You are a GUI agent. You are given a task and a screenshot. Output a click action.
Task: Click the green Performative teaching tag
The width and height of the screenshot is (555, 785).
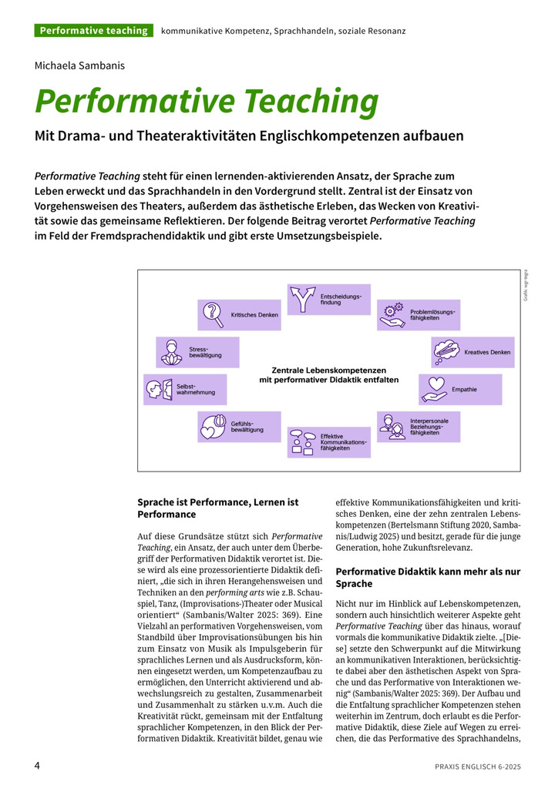(x=93, y=31)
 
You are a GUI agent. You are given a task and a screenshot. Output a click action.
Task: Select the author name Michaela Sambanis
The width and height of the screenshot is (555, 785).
(x=79, y=65)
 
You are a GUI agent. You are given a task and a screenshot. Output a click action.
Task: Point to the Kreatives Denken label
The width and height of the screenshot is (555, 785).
(x=487, y=352)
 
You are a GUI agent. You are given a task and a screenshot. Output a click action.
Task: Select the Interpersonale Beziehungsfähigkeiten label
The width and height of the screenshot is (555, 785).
(x=429, y=427)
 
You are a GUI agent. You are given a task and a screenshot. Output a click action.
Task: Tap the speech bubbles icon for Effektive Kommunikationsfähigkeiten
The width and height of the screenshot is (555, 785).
(x=302, y=442)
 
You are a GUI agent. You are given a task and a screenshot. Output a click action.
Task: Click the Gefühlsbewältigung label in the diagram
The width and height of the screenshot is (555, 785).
(x=247, y=426)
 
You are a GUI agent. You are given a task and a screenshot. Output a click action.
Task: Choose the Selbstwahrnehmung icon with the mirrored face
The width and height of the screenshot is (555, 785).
(x=159, y=389)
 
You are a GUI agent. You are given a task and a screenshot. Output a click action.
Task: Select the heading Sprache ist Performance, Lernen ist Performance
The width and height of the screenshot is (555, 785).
(x=218, y=508)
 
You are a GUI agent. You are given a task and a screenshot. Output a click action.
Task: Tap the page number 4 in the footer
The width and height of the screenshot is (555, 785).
(x=37, y=766)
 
